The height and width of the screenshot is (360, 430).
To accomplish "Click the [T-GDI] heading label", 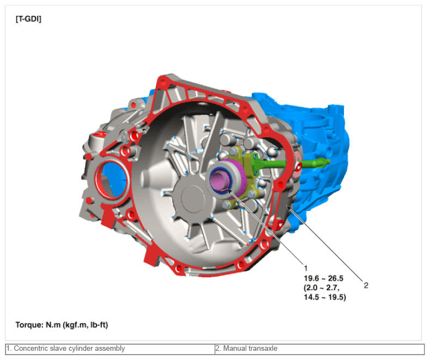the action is coord(28,19).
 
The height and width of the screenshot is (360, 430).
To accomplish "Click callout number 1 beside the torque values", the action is coord(306,268).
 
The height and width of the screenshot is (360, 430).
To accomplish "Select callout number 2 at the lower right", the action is coord(366,285).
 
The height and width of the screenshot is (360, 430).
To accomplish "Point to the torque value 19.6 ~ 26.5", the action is coord(324,278).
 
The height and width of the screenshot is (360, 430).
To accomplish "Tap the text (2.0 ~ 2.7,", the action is coord(322,288).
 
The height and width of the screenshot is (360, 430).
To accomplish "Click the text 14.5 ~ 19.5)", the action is coord(325,297).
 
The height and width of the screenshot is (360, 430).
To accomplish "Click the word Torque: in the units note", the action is coord(29,325).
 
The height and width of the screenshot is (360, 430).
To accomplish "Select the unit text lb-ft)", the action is coord(99,325).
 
